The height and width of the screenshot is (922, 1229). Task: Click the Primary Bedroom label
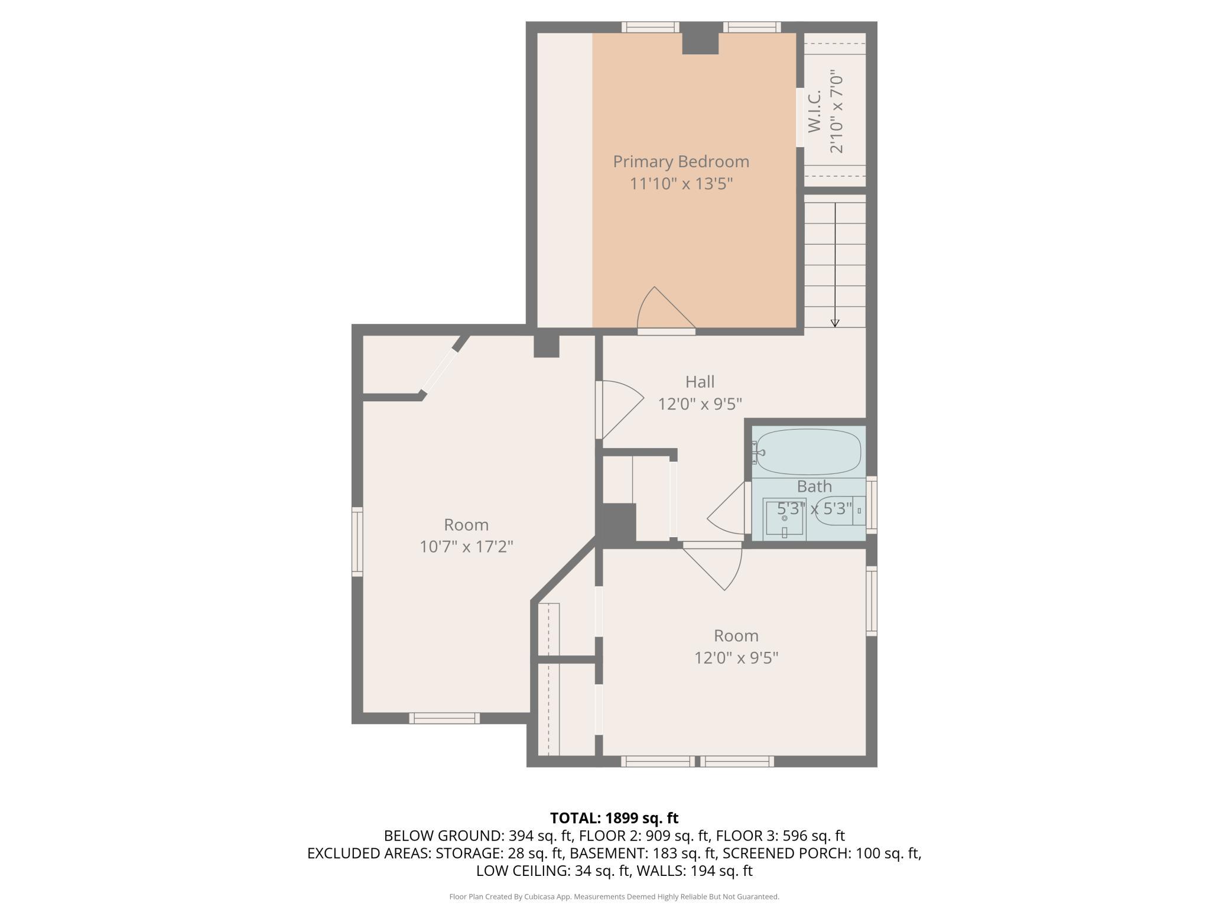(681, 161)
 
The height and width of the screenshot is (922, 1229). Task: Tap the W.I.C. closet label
(815, 111)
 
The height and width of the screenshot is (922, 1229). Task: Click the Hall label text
(700, 382)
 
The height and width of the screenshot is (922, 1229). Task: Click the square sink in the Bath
(784, 519)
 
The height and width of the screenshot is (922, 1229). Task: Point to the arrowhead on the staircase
(835, 323)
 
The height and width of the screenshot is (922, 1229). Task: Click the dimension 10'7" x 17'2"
(466, 547)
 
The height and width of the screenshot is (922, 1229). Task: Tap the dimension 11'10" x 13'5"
(681, 184)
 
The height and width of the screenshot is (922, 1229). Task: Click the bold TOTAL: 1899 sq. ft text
(614, 818)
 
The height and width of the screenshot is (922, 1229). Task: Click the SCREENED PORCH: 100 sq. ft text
(821, 853)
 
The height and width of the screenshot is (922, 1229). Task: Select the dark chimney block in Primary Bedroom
(700, 43)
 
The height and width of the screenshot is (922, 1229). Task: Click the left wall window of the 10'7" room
(357, 541)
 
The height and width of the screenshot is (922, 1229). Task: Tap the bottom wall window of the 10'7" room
(444, 718)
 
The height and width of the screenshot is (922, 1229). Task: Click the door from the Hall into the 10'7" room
(619, 410)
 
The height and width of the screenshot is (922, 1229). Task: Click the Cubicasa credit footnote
(614, 897)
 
